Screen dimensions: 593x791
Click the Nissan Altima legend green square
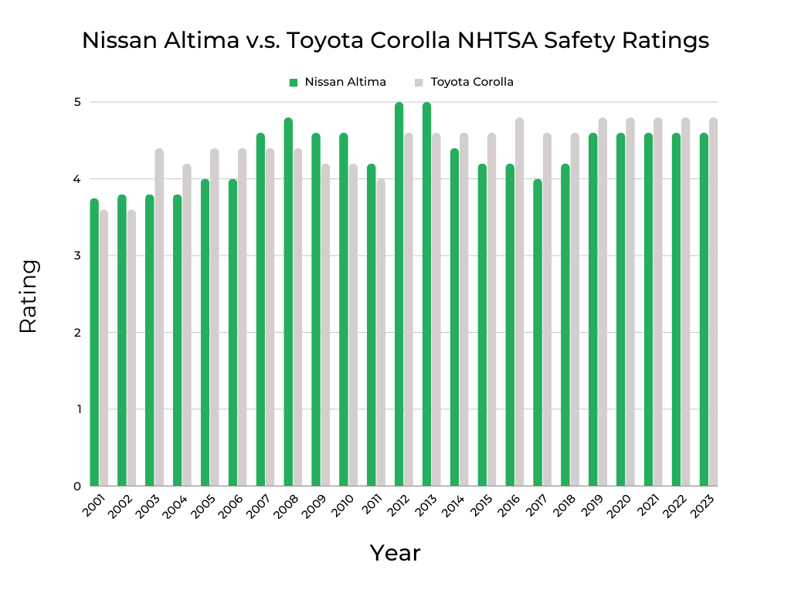(293, 82)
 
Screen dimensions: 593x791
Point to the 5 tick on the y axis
(78, 102)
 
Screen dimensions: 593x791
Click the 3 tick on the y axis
(78, 256)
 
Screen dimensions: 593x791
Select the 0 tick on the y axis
(78, 486)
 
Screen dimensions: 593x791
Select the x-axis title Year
(395, 553)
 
